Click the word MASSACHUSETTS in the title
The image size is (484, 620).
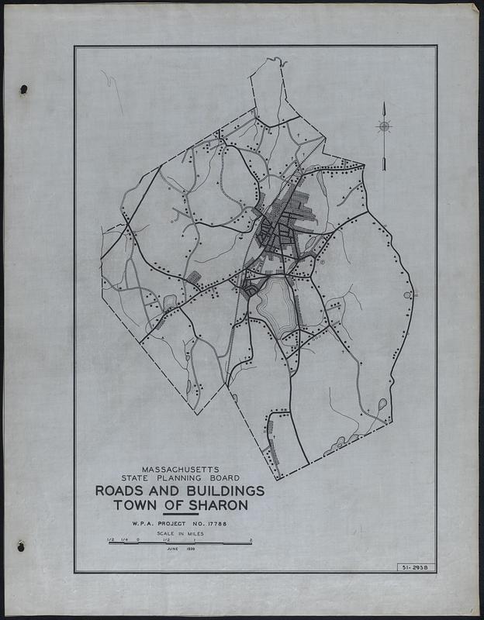[181, 470]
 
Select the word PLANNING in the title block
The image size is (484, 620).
[186, 479]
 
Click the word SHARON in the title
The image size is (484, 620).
[220, 505]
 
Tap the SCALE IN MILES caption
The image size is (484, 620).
[181, 532]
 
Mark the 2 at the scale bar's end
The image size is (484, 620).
[251, 538]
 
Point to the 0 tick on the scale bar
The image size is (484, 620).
[137, 538]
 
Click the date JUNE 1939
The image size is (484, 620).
[180, 549]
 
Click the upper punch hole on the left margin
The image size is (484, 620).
[23, 89]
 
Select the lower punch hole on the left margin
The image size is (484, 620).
[21, 546]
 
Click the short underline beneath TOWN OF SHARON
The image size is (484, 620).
[181, 514]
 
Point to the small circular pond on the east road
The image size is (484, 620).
[407, 295]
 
